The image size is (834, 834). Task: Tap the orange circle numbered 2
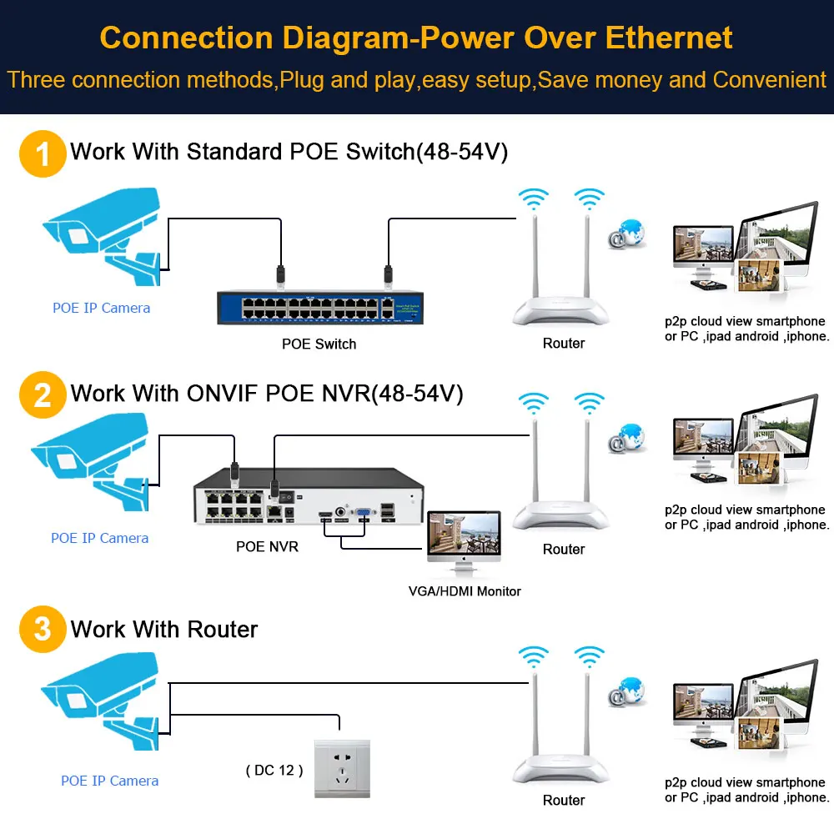[x=43, y=394]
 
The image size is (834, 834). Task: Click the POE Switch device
[x=319, y=305]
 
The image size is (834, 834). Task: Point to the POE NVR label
[x=267, y=547]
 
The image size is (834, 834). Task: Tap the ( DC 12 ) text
[x=274, y=770]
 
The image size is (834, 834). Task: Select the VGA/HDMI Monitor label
[x=465, y=591]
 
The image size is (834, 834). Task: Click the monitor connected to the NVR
[x=464, y=542]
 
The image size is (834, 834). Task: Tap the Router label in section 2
[x=564, y=549]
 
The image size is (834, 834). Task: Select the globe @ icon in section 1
[x=627, y=234]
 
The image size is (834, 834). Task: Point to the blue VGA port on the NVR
[x=364, y=515]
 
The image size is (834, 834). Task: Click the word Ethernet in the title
[x=669, y=38]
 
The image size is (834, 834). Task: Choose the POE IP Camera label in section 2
[x=100, y=538]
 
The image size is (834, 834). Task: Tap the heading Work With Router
[x=164, y=629]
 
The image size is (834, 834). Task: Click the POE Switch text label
[x=319, y=344]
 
